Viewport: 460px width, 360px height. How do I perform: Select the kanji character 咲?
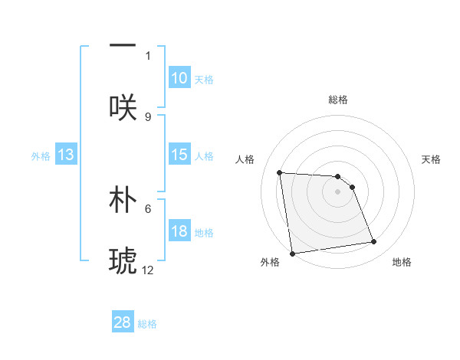pos(123,106)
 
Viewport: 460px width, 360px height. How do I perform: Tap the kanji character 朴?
pos(123,198)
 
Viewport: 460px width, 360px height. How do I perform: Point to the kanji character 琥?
pos(123,260)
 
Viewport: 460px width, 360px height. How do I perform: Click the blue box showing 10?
pos(179,78)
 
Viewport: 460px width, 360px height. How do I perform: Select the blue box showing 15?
pos(179,155)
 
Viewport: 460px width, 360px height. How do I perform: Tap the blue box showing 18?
pos(179,231)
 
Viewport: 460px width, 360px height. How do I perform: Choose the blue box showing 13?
pos(66,155)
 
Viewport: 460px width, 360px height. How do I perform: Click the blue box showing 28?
pos(123,322)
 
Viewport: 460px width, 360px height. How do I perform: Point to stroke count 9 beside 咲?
pos(148,116)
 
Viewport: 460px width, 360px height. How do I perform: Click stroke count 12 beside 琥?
pos(148,270)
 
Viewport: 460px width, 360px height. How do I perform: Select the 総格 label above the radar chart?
pos(338,100)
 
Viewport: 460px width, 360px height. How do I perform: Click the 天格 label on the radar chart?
pos(431,159)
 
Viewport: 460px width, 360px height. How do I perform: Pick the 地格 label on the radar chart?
pos(402,262)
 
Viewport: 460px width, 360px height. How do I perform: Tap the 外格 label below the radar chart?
pos(270,262)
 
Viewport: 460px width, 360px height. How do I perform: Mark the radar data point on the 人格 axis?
pos(280,172)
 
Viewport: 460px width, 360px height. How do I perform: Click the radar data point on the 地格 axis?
pos(374,242)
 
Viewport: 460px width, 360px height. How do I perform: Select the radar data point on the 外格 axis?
pos(292,254)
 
